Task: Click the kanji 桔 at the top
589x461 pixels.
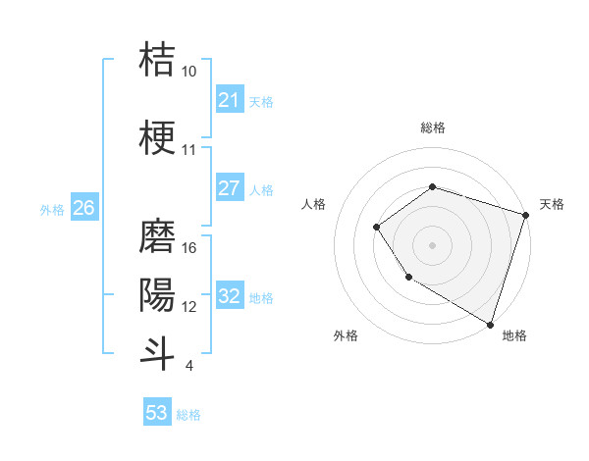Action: coord(157,59)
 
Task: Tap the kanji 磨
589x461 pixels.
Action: coord(157,235)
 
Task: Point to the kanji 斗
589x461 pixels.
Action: coord(157,351)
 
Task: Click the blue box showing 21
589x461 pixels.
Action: coord(229,100)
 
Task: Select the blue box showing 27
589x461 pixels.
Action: coord(229,189)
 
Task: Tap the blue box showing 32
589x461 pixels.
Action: coord(229,297)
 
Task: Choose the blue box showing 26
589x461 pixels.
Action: coord(84,208)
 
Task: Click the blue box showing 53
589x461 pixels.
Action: coord(157,413)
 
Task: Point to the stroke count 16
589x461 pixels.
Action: coord(190,248)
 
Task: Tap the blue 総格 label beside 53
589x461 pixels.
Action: coord(188,415)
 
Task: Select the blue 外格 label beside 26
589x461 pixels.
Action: coord(52,210)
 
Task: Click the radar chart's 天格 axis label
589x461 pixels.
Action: coord(552,204)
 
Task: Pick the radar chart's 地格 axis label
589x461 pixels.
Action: coord(514,335)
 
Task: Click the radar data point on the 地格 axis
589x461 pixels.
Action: coord(490,324)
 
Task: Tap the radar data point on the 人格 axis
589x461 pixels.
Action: coord(377,228)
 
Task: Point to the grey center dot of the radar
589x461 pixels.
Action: coord(432,245)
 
